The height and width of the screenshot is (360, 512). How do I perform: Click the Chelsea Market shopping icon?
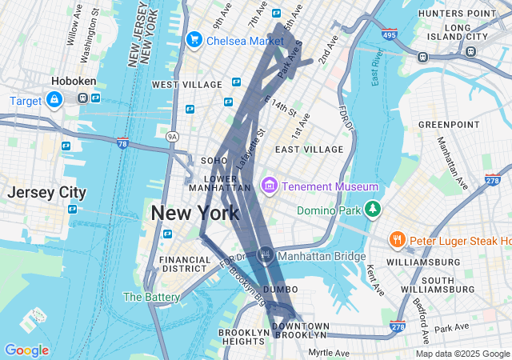coord(194,39)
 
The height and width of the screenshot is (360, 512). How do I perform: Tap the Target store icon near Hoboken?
coord(54,100)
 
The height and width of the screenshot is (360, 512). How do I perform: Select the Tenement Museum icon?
coord(269,186)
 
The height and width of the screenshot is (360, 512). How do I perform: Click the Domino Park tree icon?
coord(371,210)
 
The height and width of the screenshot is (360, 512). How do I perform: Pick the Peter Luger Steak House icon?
coord(396,239)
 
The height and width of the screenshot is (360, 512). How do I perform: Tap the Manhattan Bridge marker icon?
coord(266,256)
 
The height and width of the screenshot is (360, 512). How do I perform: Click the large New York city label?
coord(194,214)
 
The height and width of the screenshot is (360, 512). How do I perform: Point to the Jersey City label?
coord(46,192)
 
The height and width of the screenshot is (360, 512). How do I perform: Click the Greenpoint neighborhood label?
coord(448,125)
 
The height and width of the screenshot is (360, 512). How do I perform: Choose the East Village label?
coord(309,150)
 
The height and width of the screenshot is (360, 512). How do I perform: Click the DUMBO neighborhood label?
coord(280,289)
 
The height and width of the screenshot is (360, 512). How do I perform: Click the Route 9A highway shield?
coord(172,137)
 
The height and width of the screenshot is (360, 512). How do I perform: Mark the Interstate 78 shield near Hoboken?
coord(122,144)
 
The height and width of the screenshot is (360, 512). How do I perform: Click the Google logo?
coord(26,350)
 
